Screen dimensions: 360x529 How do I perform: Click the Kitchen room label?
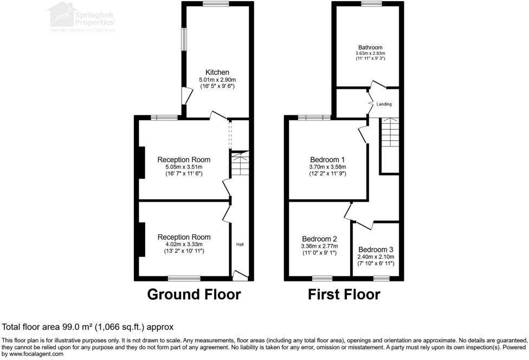[217, 73]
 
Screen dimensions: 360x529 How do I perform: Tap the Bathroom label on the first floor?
[370, 47]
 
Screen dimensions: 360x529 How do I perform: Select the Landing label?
[384, 104]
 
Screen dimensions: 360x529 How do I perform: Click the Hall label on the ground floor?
[240, 245]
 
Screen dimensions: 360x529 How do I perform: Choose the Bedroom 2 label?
[319, 239]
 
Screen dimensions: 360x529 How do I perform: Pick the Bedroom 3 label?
[376, 250]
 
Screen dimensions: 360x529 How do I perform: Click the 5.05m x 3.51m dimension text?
[184, 167]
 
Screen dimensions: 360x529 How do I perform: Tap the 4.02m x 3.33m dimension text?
[184, 245]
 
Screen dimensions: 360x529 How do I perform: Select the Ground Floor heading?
[194, 294]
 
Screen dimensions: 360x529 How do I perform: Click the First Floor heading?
[344, 294]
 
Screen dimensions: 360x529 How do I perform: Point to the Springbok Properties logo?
[81, 16]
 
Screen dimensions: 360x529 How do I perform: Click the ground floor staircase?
[239, 165]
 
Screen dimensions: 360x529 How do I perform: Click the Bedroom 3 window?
[381, 278]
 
